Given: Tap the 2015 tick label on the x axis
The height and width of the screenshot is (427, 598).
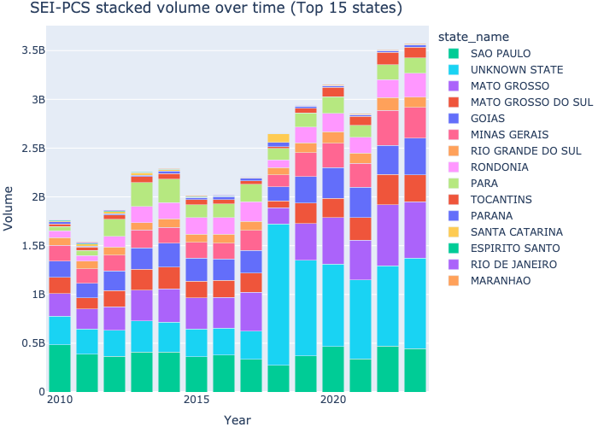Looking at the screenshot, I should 196,400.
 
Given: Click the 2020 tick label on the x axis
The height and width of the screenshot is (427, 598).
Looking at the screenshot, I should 332,400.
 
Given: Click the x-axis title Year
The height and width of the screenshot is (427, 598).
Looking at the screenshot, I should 237,419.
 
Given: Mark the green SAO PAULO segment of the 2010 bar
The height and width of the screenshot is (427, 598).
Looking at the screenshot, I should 59,368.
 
